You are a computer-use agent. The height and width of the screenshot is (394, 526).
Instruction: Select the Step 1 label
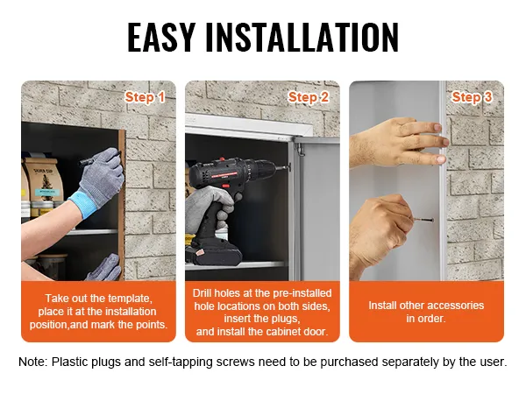(145, 97)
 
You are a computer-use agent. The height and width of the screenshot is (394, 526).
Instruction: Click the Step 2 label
(308, 97)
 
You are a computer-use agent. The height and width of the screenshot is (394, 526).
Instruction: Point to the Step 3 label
(472, 97)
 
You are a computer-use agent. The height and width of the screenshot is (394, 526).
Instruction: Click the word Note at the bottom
(35, 362)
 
